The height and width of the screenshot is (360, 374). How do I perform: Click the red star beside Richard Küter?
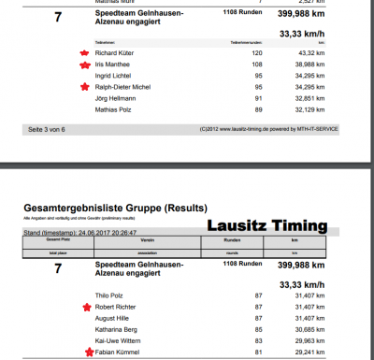(85, 53)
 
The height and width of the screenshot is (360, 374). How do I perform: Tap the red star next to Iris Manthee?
(85, 65)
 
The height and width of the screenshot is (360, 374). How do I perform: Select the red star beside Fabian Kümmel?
(86, 353)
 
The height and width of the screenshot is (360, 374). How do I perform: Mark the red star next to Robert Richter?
(86, 306)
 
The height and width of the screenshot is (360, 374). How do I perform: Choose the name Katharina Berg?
(118, 329)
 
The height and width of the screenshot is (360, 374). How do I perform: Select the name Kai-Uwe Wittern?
(119, 341)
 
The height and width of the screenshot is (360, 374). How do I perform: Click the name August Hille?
(113, 318)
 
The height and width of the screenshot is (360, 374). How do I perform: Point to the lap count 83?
(257, 341)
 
